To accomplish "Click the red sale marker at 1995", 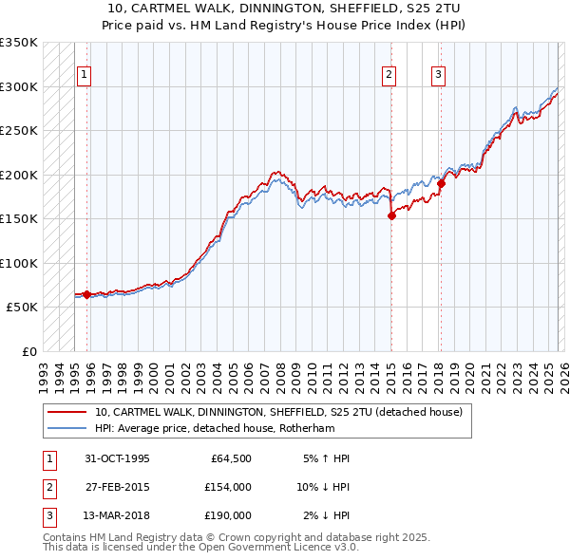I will (x=86, y=294).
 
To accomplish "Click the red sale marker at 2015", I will (x=390, y=215).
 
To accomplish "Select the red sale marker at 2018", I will (x=441, y=184).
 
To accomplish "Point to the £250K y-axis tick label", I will (x=19, y=130).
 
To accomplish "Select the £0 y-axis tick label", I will (x=29, y=351).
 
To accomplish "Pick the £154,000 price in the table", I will (x=228, y=488).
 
